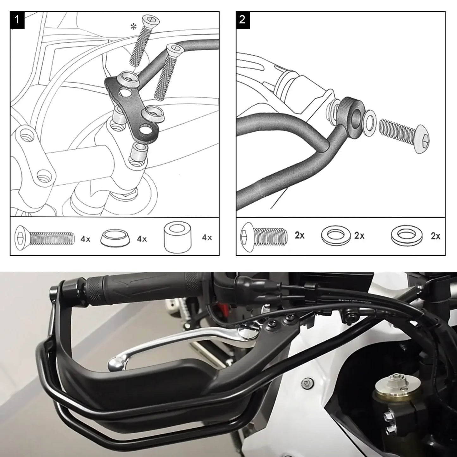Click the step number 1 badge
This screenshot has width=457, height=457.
pyautogui.click(x=17, y=20)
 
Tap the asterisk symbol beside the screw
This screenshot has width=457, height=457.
pyautogui.click(x=134, y=27)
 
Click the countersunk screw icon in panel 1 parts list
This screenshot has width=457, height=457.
pyautogui.click(x=44, y=238)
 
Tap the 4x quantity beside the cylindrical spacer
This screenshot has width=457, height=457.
pyautogui.click(x=207, y=238)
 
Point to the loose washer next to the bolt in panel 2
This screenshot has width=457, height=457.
pyautogui.click(x=369, y=123)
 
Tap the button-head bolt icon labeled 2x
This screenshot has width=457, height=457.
pyautogui.click(x=264, y=236)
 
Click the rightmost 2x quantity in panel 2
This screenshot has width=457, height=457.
pyautogui.click(x=435, y=236)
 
